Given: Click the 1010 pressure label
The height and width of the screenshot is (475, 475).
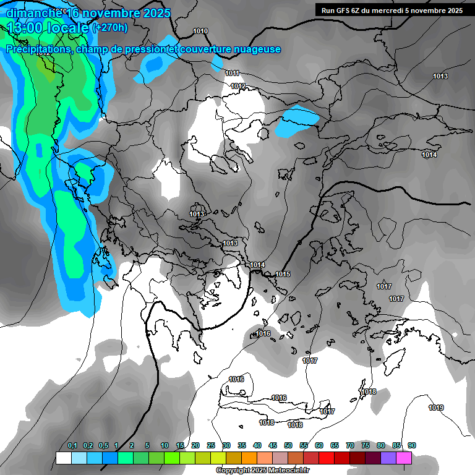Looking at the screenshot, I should (200, 31).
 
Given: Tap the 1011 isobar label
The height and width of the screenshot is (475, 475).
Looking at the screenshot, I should (233, 73).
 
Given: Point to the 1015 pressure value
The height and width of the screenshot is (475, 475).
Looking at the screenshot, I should (283, 274).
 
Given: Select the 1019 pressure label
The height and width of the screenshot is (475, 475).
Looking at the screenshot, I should (436, 408).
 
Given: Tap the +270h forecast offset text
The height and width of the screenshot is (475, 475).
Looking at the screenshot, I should (109, 27).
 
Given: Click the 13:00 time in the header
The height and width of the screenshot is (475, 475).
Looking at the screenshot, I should (25, 28).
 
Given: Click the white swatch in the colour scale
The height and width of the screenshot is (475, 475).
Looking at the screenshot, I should (63, 458).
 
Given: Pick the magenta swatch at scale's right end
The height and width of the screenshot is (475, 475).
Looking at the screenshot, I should (404, 458).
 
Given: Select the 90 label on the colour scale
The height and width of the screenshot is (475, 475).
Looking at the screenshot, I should (412, 445).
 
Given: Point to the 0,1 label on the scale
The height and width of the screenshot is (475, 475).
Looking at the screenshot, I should (72, 445).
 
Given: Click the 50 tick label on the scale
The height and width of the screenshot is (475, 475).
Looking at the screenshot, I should (288, 445).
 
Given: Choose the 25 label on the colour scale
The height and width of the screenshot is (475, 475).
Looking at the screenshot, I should (211, 445).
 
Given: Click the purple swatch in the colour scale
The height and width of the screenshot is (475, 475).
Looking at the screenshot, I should (388, 458).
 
